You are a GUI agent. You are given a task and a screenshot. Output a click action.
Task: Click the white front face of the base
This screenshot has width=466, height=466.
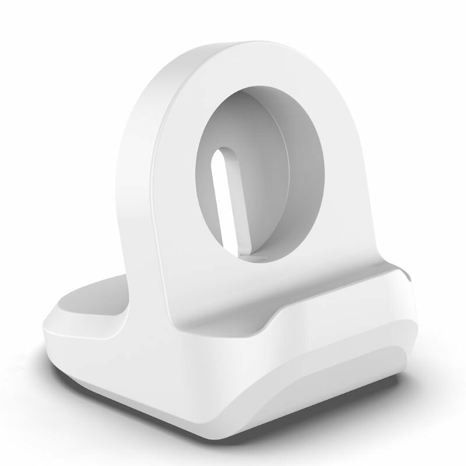pos(175,384)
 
